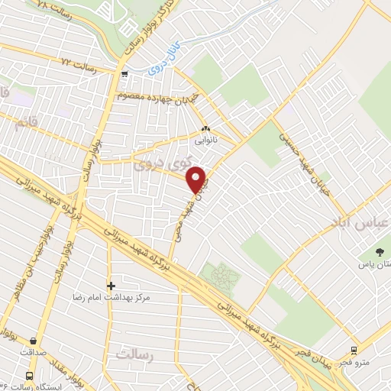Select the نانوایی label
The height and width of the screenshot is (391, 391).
205,141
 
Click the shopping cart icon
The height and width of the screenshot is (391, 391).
124,74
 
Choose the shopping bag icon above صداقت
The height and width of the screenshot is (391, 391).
34,341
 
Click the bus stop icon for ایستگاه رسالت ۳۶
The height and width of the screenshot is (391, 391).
29,376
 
